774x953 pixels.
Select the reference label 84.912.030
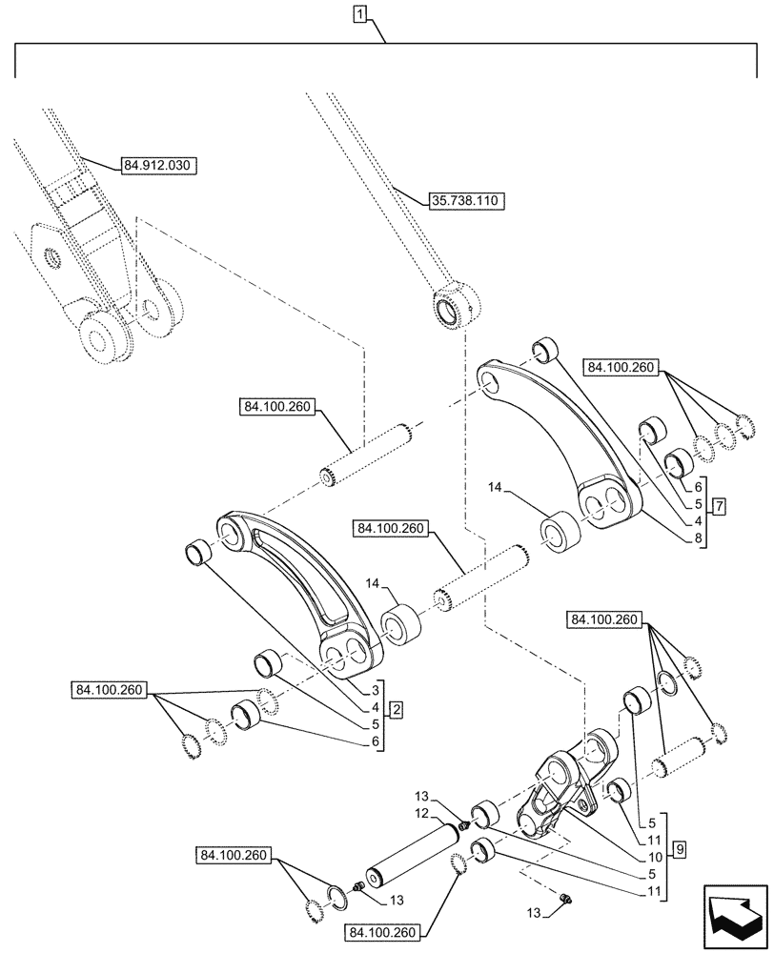[157, 166]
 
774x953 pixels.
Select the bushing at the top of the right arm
[543, 351]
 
